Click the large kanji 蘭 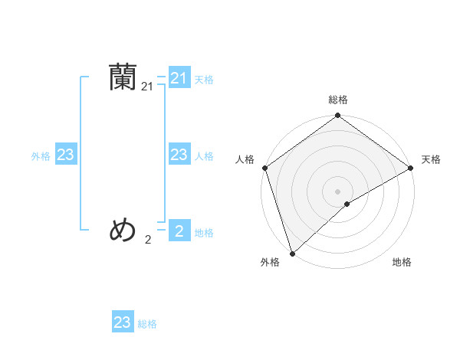click(x=123, y=77)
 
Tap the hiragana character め click(x=123, y=229)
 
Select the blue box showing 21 click(x=179, y=78)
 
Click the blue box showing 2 click(x=179, y=231)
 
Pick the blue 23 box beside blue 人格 click(x=179, y=155)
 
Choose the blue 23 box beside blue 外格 click(x=66, y=155)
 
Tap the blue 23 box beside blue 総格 click(x=123, y=322)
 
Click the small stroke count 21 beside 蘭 click(x=148, y=87)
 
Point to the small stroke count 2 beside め click(x=148, y=240)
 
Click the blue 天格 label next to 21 click(x=204, y=79)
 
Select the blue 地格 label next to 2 click(x=204, y=233)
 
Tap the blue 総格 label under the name click(x=147, y=324)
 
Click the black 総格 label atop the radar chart click(x=338, y=100)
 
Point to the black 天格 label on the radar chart click(x=431, y=159)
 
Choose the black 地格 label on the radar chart click(x=402, y=263)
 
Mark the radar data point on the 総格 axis click(x=338, y=116)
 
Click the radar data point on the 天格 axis click(x=410, y=169)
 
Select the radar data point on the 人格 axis click(x=265, y=169)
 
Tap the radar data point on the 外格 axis click(x=293, y=253)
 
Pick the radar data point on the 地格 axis click(x=347, y=204)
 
